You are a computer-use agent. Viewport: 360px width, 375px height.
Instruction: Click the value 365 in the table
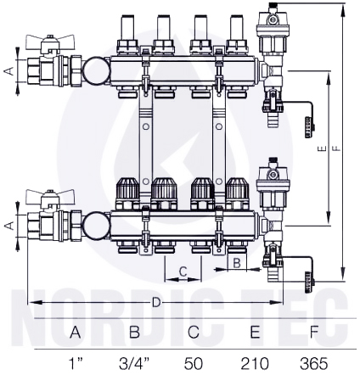(x=314, y=363)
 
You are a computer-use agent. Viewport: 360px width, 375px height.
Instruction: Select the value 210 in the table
(x=255, y=363)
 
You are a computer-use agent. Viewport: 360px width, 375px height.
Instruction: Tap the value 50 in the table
(x=194, y=363)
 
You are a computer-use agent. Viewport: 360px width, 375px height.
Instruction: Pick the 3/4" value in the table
(x=134, y=363)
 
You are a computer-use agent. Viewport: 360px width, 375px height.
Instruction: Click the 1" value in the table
(x=76, y=363)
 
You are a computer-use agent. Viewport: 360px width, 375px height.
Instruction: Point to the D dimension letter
(x=156, y=303)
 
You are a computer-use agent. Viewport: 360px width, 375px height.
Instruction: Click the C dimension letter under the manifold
(x=183, y=271)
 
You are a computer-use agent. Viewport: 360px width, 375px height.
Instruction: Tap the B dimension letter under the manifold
(x=237, y=263)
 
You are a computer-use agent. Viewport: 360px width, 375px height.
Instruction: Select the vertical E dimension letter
(x=324, y=148)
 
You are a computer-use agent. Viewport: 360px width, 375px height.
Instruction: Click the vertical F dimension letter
(x=337, y=148)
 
